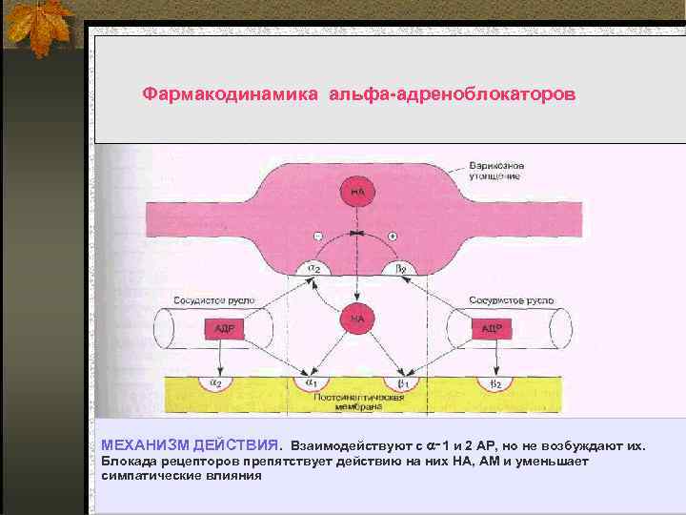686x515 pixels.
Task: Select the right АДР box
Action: click(x=492, y=329)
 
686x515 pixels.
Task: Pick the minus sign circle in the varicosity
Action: click(x=318, y=236)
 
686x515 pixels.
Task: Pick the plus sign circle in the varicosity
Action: click(x=393, y=236)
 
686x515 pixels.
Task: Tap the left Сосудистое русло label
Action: click(x=214, y=299)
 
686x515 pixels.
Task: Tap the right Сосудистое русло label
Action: click(x=511, y=299)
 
